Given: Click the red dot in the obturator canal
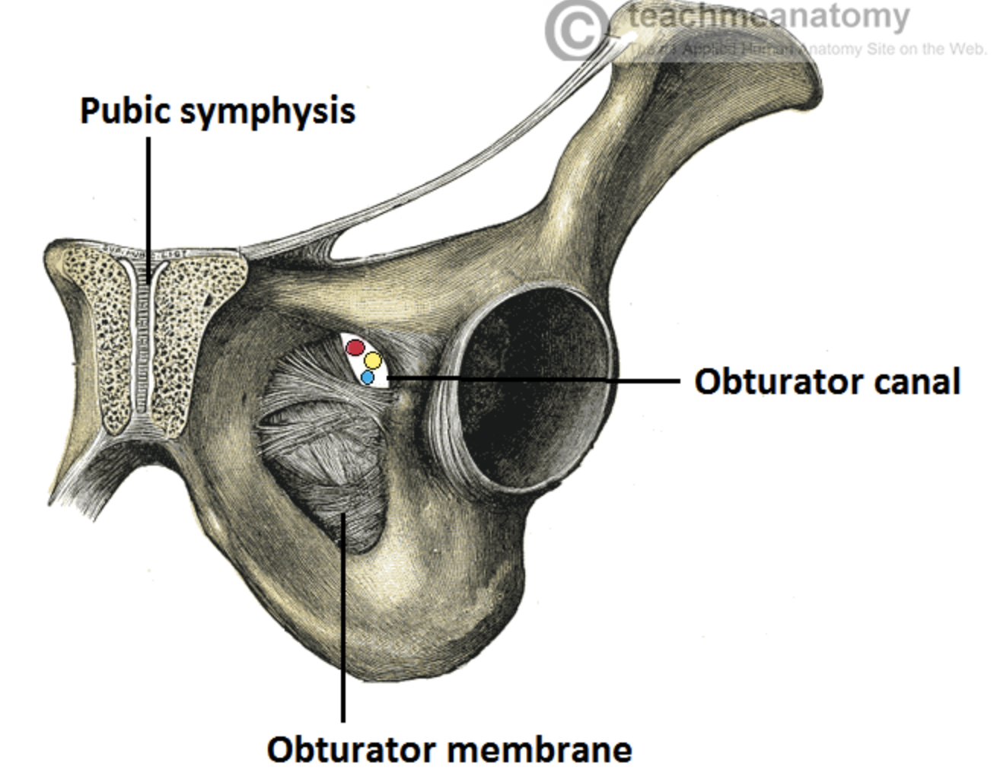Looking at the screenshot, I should pos(355,348).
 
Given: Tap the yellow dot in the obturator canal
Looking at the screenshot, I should pos(372,361).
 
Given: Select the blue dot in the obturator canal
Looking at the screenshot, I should pos(368,377).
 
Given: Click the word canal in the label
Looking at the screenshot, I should pos(916,381).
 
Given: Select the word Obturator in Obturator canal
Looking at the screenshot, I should pos(776,381).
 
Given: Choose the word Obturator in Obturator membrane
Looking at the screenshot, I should pos(351,749).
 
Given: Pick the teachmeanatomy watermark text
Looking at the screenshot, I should pos(769,17).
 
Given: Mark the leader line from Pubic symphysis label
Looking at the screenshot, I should pos(148,198).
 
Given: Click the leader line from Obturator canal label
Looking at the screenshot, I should pos(533,377).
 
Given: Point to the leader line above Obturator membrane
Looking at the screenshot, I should pos(343,624).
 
